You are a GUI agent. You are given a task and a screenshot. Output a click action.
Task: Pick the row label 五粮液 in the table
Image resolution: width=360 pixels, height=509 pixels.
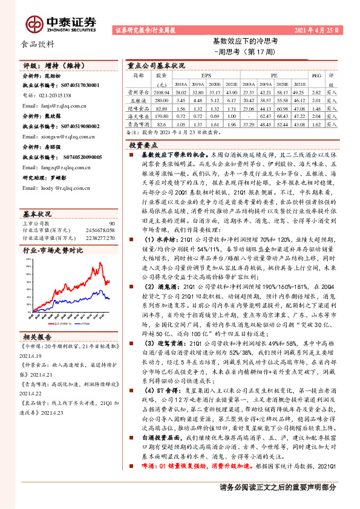(x=138, y=99)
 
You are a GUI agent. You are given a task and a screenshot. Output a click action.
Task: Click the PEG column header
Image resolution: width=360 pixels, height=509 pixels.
(x=315, y=77)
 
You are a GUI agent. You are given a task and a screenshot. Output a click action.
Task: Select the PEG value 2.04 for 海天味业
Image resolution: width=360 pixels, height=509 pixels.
(x=315, y=114)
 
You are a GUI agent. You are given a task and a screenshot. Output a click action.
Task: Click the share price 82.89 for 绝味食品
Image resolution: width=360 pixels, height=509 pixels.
(x=162, y=106)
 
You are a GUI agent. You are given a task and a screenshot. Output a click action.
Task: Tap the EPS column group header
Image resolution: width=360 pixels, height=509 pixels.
(x=197, y=77)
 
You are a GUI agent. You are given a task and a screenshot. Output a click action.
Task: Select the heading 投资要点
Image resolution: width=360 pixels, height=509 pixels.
(x=143, y=145)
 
